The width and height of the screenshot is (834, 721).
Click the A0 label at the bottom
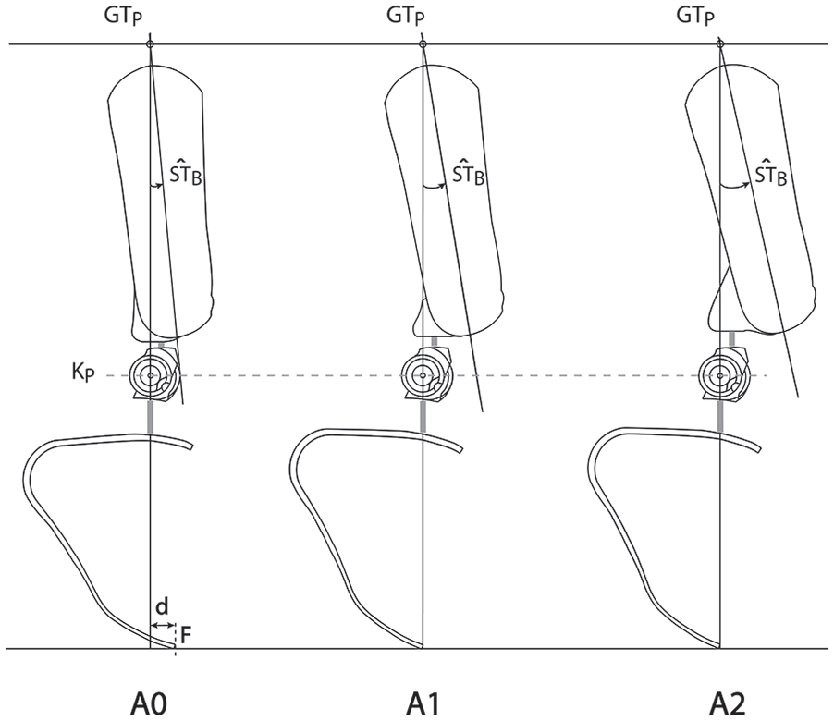(x=148, y=704)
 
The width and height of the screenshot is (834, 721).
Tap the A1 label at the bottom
(x=423, y=704)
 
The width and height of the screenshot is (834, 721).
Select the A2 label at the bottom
(x=727, y=704)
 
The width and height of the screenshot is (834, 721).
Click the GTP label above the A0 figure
(x=123, y=17)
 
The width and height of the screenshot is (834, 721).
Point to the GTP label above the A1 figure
(x=406, y=17)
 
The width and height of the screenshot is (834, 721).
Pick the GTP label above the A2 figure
(x=695, y=17)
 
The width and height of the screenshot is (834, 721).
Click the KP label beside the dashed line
(x=83, y=373)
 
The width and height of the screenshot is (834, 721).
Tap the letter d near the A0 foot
(x=162, y=606)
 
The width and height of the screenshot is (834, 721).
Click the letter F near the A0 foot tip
(x=185, y=634)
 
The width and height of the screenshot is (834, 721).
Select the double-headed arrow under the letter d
(x=163, y=625)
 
